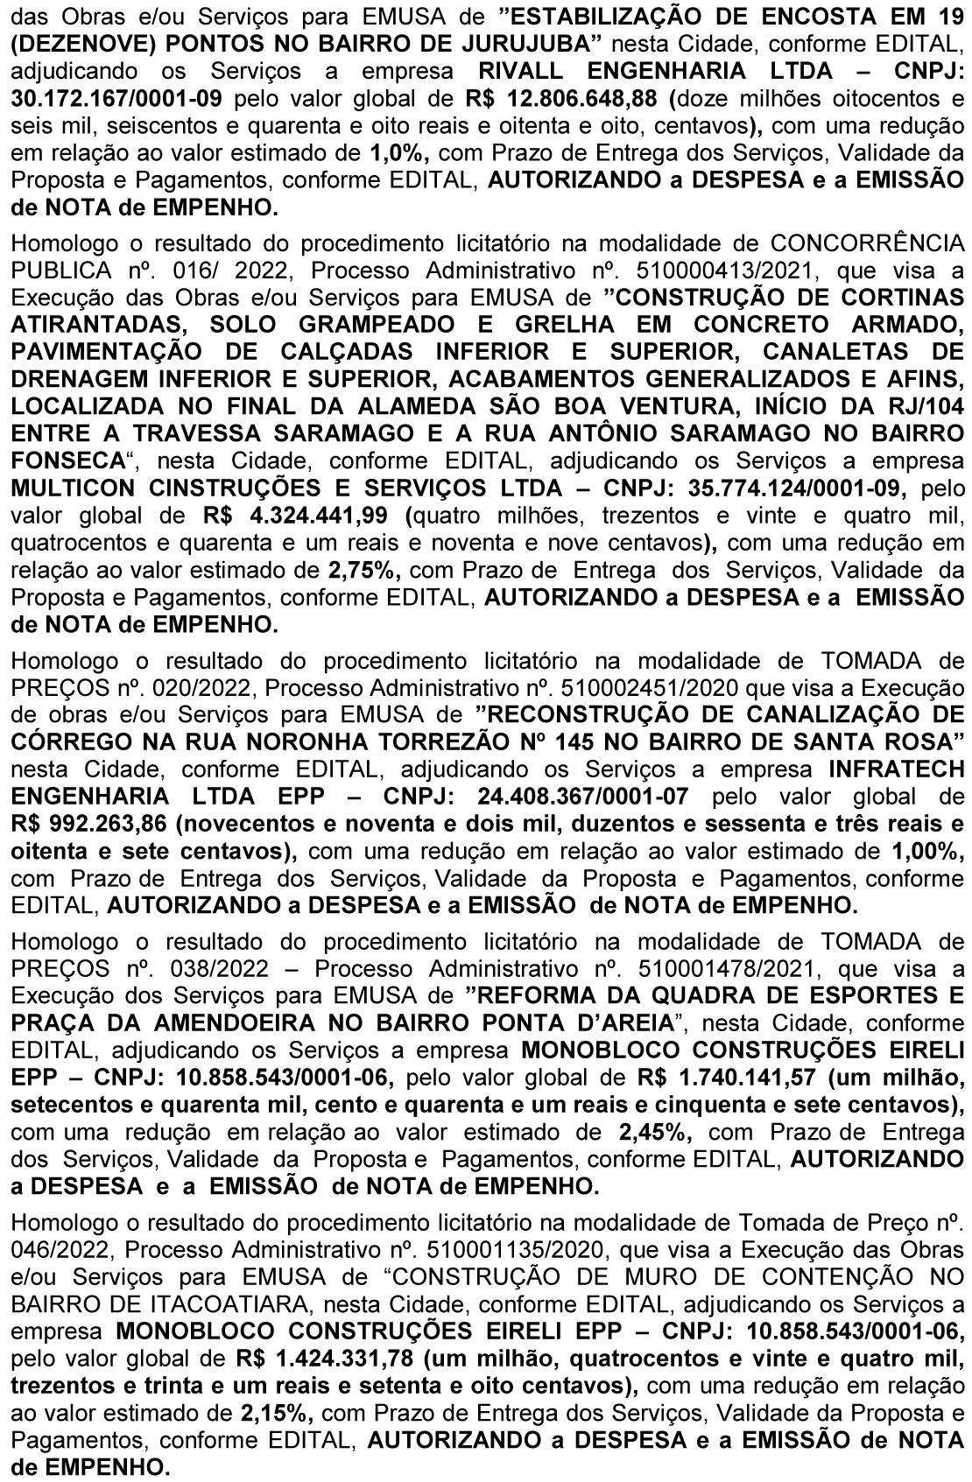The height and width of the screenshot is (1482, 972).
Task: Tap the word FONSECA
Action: click(67, 460)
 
